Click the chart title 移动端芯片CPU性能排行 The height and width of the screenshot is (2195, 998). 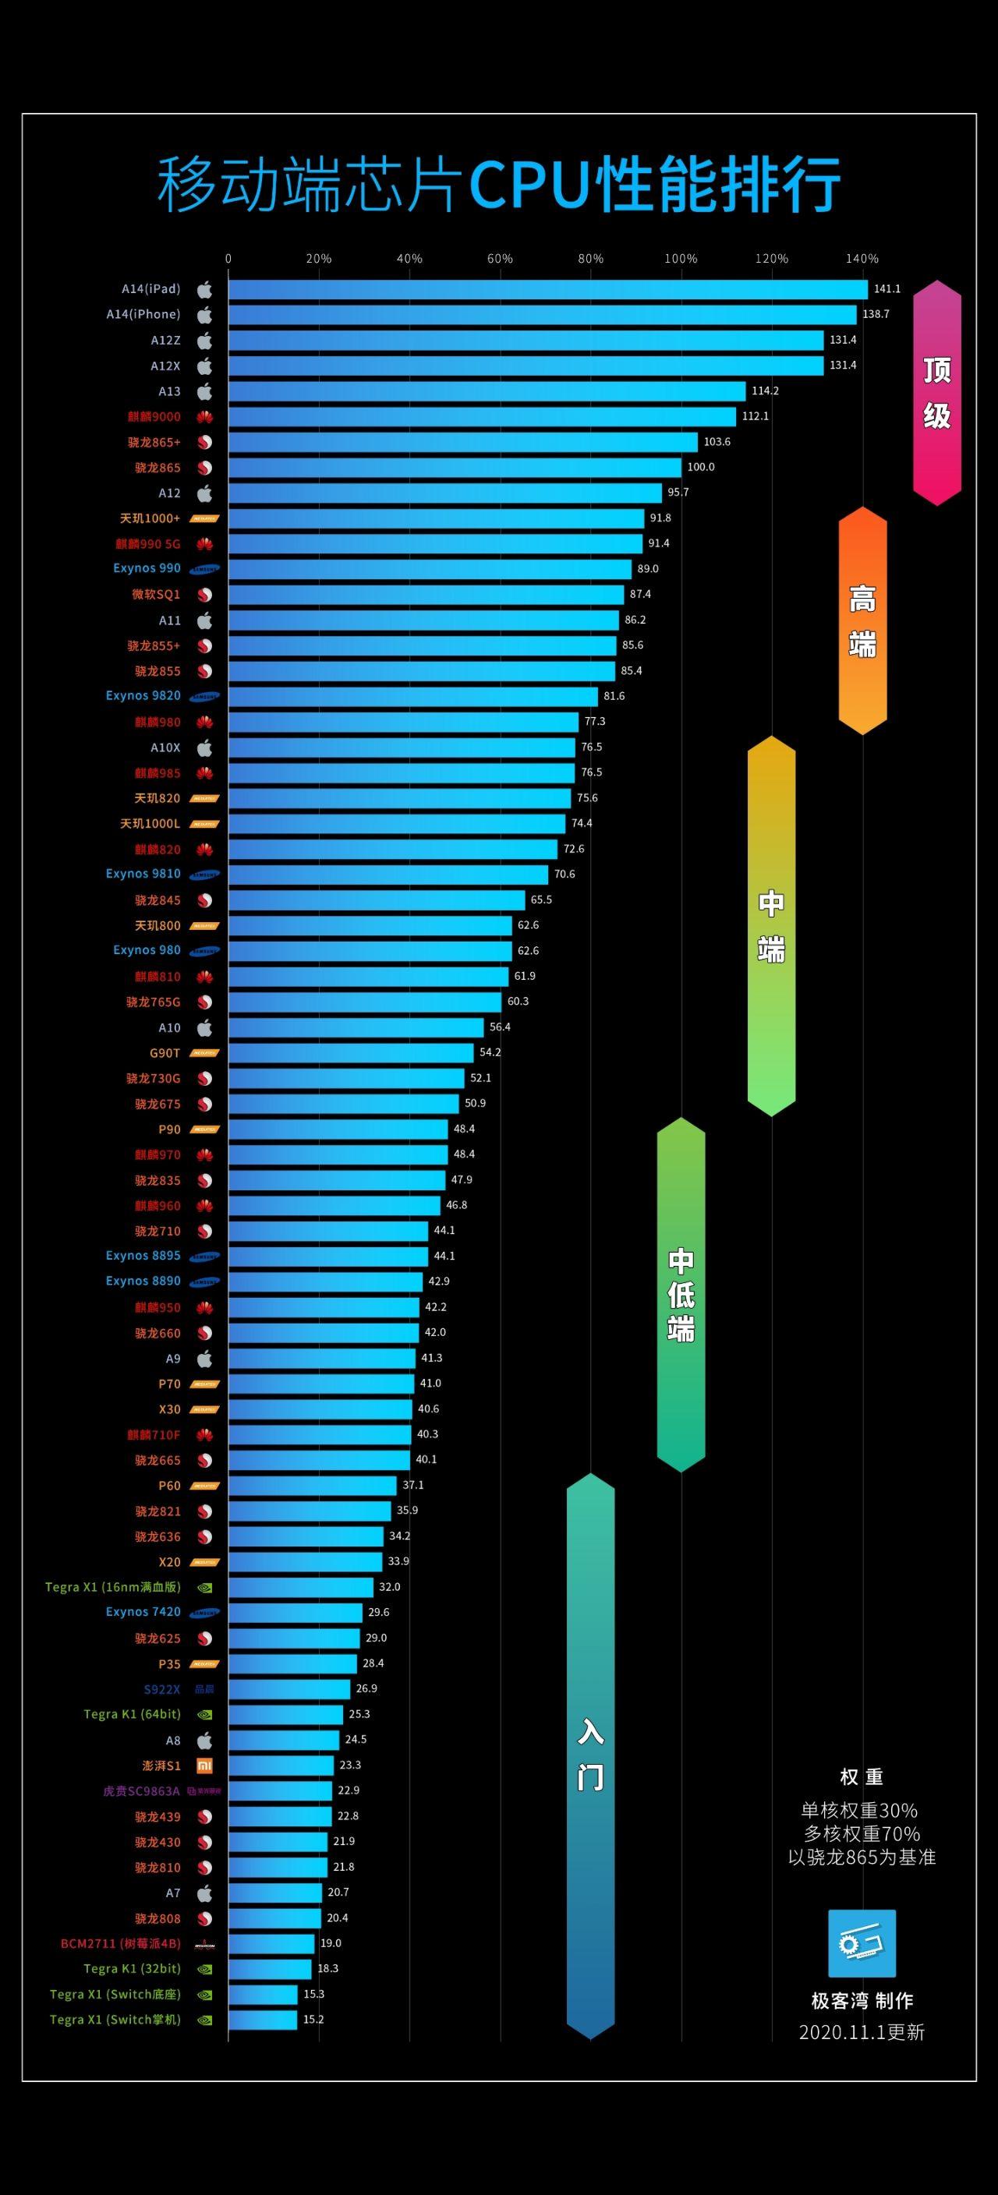(498, 184)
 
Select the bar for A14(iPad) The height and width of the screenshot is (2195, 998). (547, 290)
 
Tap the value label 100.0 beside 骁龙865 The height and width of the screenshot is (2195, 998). (701, 467)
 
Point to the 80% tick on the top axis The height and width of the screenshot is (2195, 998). (589, 259)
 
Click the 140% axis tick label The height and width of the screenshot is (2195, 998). (862, 259)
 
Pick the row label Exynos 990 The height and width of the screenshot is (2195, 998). (147, 568)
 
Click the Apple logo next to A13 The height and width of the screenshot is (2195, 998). (204, 392)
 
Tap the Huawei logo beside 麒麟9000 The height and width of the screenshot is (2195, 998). (204, 418)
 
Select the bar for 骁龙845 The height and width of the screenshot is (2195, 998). (376, 900)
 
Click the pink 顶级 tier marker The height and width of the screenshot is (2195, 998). (936, 393)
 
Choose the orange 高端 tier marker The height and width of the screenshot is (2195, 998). (862, 621)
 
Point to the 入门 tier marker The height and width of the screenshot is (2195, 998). (591, 1756)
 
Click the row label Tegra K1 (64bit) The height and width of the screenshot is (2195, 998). (132, 1714)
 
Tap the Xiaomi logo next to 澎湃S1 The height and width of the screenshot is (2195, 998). (204, 1766)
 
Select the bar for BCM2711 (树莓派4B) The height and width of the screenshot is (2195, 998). (271, 1944)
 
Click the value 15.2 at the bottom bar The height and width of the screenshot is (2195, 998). (313, 2020)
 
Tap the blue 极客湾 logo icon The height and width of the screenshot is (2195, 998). (862, 1944)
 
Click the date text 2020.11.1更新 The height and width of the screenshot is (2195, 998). (862, 2032)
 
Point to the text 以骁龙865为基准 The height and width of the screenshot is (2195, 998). (862, 1857)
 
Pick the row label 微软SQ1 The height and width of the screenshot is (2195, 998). (156, 594)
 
